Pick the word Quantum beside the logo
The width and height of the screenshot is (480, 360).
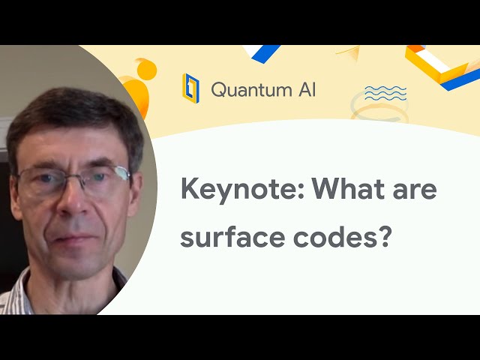(248, 89)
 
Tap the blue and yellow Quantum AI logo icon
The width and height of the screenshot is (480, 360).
(191, 88)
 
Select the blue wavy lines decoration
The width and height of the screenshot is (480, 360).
(385, 92)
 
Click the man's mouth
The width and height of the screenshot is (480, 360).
(71, 238)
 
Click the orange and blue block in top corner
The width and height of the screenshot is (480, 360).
(442, 64)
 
